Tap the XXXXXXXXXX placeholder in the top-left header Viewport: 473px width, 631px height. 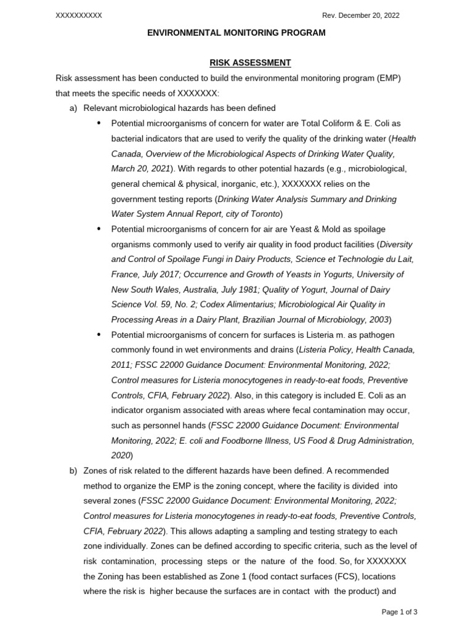(x=79, y=15)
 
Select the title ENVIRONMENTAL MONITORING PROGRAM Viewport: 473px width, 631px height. (x=236, y=33)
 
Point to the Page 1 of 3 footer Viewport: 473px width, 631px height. (x=400, y=612)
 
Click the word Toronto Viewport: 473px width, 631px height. (x=263, y=214)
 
